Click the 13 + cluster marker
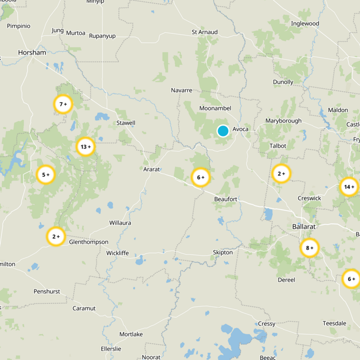(x=85, y=147)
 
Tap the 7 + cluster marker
(x=63, y=104)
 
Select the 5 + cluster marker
(x=45, y=175)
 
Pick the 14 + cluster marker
(x=349, y=187)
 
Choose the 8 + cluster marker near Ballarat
(x=310, y=248)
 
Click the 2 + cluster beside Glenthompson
(x=56, y=237)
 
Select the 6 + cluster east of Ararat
(x=201, y=178)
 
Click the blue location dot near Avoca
(x=223, y=131)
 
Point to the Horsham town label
(x=32, y=53)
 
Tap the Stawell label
(x=126, y=123)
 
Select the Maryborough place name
(x=283, y=121)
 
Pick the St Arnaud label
(x=205, y=32)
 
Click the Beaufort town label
(x=226, y=199)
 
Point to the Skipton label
(x=223, y=252)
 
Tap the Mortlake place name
(x=131, y=334)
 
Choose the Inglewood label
(x=305, y=23)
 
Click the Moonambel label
(x=215, y=108)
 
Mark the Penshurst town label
(x=47, y=292)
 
